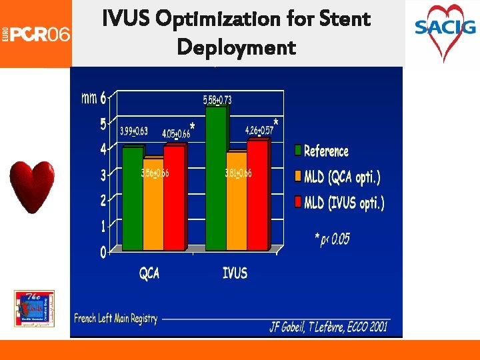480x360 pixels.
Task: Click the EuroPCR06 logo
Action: click(36, 33)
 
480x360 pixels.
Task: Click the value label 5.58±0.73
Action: click(217, 100)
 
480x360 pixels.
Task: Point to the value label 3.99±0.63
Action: click(134, 131)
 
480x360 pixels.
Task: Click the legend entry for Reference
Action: click(327, 151)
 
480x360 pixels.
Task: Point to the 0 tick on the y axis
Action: click(103, 252)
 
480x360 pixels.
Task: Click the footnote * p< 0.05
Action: click(332, 239)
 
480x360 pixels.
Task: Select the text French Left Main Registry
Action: click(116, 319)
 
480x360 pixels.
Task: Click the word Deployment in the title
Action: click(236, 48)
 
